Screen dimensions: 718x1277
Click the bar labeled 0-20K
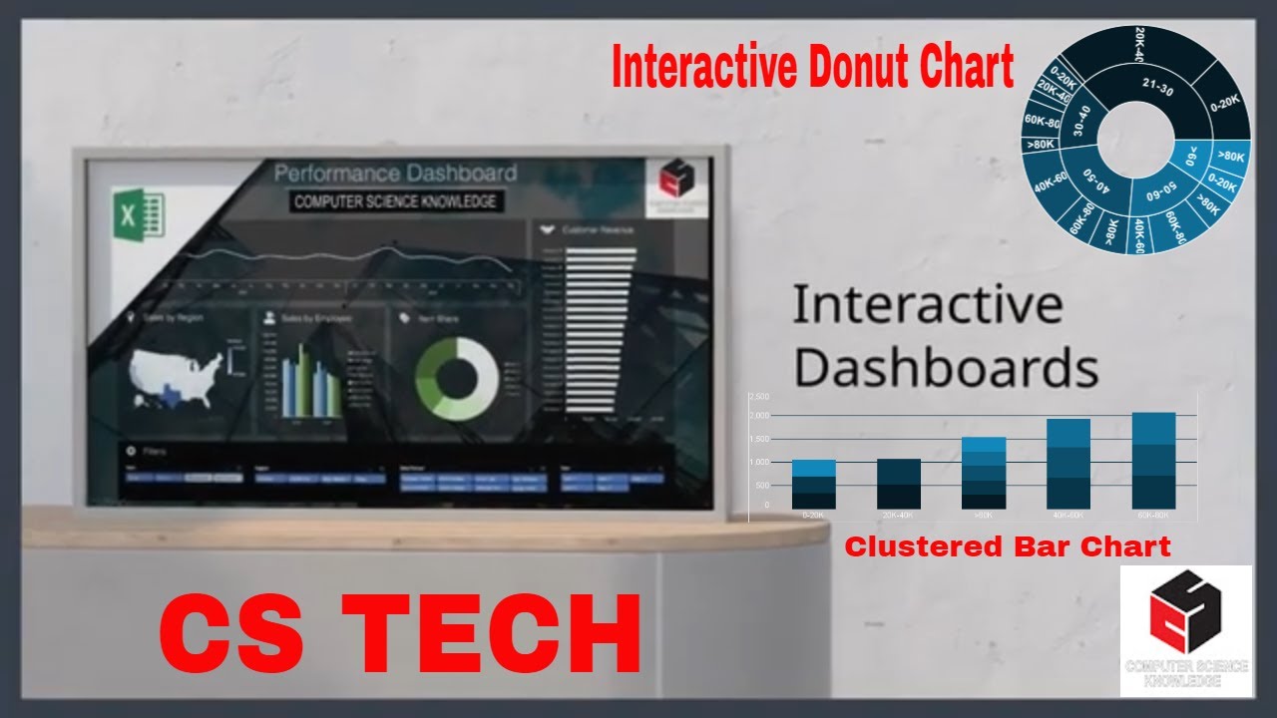point(813,485)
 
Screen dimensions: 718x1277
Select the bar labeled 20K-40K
point(898,485)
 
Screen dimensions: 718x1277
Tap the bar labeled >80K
point(984,474)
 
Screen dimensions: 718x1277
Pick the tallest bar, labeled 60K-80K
point(1153,461)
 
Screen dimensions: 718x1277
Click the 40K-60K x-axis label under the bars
point(1068,516)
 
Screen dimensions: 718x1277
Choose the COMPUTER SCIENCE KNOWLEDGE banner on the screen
point(396,201)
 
